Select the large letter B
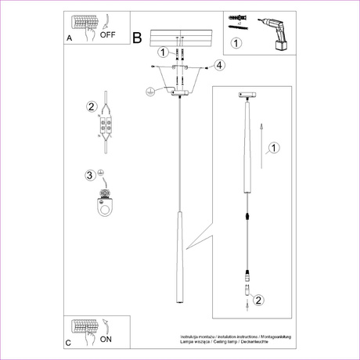[138, 37]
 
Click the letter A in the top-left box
[70, 37]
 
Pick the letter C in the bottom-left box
[69, 343]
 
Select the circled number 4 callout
[220, 66]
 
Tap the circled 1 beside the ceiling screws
[163, 53]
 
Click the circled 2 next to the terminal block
[92, 106]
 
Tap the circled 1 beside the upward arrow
[273, 147]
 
